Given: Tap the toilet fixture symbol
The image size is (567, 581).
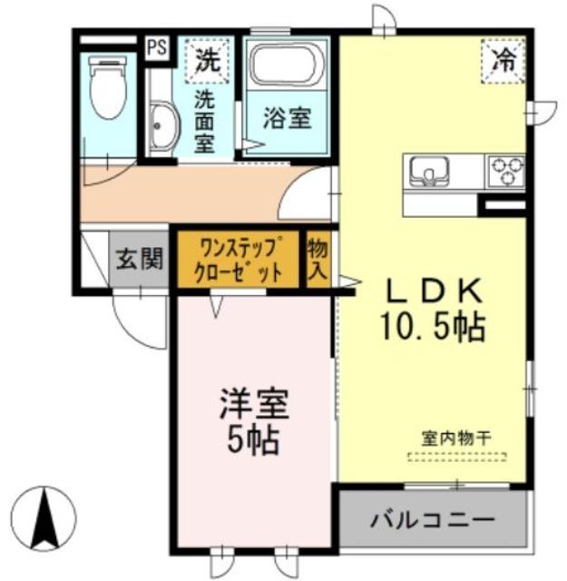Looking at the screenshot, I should (x=107, y=88).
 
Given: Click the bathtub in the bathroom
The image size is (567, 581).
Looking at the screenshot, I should (x=287, y=66).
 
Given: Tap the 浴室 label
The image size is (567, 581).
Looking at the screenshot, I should (x=287, y=120).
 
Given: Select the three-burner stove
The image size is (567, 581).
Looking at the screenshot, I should (x=507, y=171).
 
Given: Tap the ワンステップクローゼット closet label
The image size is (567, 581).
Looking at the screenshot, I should (x=237, y=260).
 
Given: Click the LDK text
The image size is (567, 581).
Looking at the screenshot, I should (x=434, y=291).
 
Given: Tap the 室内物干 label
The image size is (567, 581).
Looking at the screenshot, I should (x=455, y=436).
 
